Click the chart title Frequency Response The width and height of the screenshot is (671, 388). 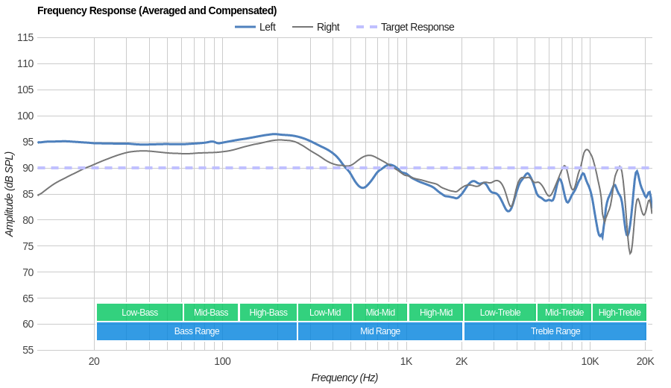click(x=157, y=10)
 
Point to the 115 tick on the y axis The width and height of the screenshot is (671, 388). click(x=25, y=37)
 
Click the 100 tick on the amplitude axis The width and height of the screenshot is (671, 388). click(x=25, y=116)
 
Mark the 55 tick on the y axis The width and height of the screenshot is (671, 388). click(x=28, y=350)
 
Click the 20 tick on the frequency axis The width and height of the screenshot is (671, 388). click(x=94, y=362)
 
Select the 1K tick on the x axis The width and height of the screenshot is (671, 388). click(x=406, y=362)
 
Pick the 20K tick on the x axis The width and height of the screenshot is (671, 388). click(x=645, y=362)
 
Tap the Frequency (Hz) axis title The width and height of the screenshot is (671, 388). click(x=344, y=378)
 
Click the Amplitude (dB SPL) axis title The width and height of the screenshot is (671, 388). click(x=10, y=194)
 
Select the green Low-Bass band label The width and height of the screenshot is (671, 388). click(x=139, y=313)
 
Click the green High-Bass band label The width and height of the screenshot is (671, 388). click(x=268, y=313)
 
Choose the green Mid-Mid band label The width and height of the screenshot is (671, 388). click(x=380, y=313)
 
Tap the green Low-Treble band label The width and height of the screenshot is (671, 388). click(x=500, y=313)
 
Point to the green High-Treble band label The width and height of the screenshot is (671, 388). click(x=620, y=313)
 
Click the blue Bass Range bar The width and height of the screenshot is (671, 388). click(x=197, y=331)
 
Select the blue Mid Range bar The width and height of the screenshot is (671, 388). click(x=380, y=331)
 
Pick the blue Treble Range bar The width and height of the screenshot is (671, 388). click(x=555, y=331)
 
